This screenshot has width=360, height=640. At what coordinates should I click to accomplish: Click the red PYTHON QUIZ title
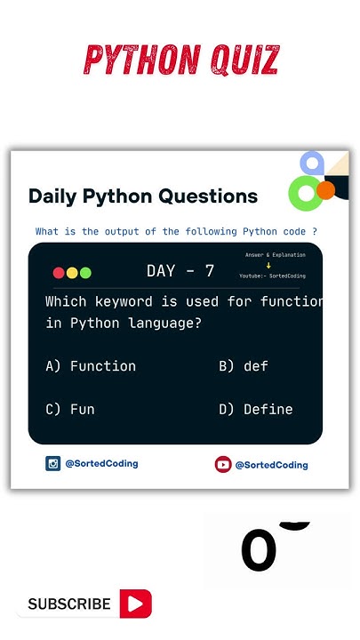(x=181, y=60)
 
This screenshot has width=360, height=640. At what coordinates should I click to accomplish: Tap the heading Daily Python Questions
(x=143, y=196)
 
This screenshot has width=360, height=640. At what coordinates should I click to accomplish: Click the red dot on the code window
(x=59, y=273)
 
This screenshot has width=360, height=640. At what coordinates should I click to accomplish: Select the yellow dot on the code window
(x=72, y=273)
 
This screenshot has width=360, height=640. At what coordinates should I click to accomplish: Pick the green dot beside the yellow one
(x=85, y=273)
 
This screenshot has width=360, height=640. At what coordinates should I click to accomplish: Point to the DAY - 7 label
(x=180, y=271)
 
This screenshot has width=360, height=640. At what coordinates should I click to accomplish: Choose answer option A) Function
(x=91, y=365)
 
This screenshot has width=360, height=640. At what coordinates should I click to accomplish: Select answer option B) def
(x=244, y=365)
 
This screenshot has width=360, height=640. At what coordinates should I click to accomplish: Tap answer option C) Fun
(x=70, y=409)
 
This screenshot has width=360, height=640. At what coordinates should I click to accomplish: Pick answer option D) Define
(x=256, y=409)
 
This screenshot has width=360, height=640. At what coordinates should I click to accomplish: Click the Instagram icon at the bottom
(x=53, y=463)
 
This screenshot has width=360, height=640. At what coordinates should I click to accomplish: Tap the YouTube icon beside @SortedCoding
(x=223, y=464)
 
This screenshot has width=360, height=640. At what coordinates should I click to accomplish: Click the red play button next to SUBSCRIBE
(x=136, y=604)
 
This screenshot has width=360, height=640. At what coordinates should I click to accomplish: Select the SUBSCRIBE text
(x=69, y=604)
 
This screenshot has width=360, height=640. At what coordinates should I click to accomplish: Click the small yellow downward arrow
(x=268, y=265)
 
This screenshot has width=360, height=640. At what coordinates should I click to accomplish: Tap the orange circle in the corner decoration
(x=325, y=189)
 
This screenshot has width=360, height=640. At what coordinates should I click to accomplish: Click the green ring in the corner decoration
(x=305, y=193)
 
